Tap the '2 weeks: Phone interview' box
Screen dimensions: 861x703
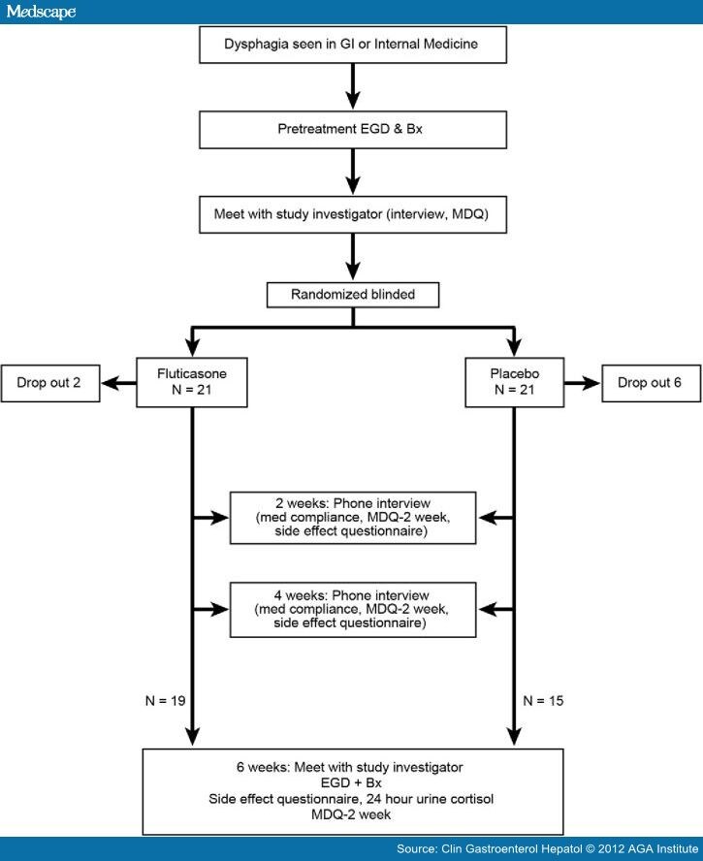pos(353,519)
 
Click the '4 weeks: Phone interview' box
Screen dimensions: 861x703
pos(353,609)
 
